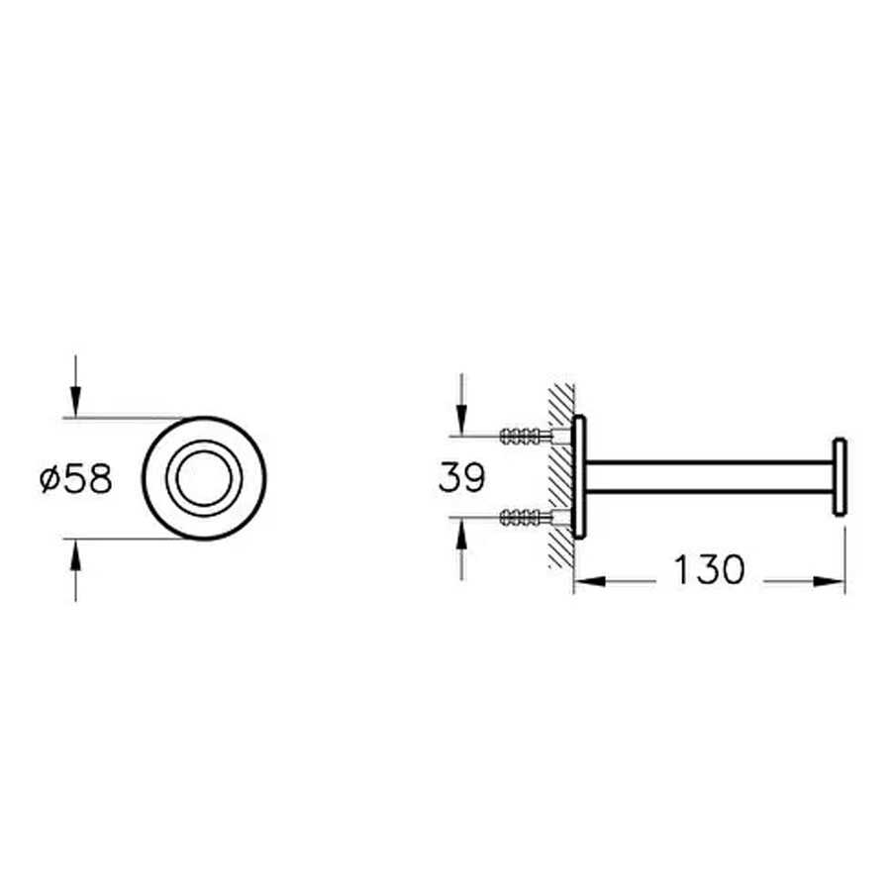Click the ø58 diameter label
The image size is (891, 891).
coord(76,479)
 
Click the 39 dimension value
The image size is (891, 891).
coord(462,477)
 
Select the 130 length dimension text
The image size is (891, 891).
coord(709,569)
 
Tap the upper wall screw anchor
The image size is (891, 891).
coord(526,436)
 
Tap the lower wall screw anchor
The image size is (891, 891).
coord(526,517)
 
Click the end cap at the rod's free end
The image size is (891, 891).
coord(840,477)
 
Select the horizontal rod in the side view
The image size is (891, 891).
coord(709,477)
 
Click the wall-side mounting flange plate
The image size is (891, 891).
coord(579,477)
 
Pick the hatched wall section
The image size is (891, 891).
coord(561,476)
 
